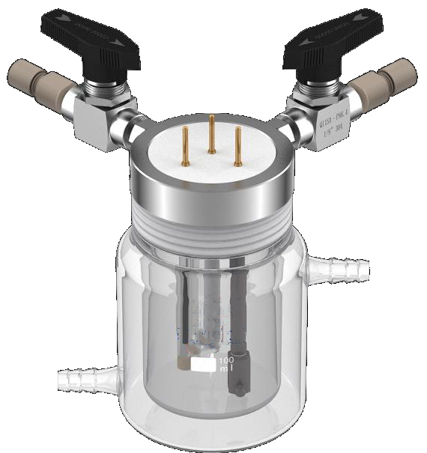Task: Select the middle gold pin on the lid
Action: coord(212,132)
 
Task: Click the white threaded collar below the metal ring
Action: coord(212,232)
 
